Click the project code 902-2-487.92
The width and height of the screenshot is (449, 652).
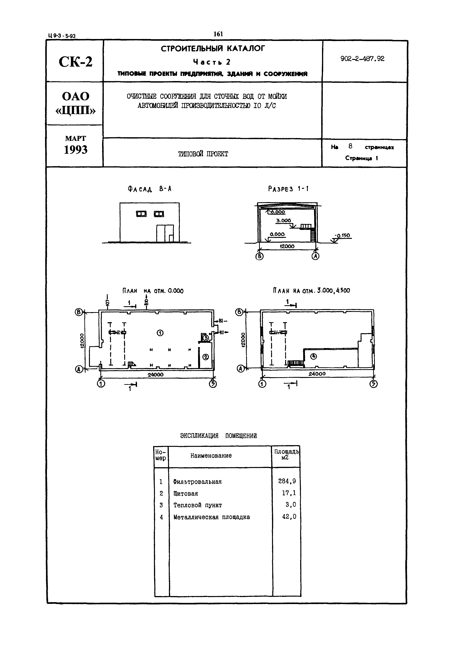click(362, 59)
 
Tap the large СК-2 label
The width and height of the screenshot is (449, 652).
click(75, 62)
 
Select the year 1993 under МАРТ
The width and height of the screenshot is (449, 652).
click(75, 150)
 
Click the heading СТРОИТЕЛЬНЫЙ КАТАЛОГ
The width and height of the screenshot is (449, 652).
click(213, 49)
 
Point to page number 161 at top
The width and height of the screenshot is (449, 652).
click(218, 34)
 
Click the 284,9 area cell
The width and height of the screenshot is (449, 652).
click(287, 481)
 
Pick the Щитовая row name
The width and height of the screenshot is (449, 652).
click(186, 493)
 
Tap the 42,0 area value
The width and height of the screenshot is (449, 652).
click(289, 516)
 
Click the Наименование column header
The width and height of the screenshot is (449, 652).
click(211, 455)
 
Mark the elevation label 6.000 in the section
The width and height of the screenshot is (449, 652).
click(278, 212)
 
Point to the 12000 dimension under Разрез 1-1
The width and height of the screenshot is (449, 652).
click(287, 246)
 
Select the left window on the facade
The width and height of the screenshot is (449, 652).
click(141, 214)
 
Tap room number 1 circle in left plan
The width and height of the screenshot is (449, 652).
click(160, 333)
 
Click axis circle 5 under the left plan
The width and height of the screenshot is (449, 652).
click(213, 384)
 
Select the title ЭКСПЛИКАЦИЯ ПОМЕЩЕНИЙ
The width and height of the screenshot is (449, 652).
click(218, 436)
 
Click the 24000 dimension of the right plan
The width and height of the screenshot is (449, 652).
click(317, 374)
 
